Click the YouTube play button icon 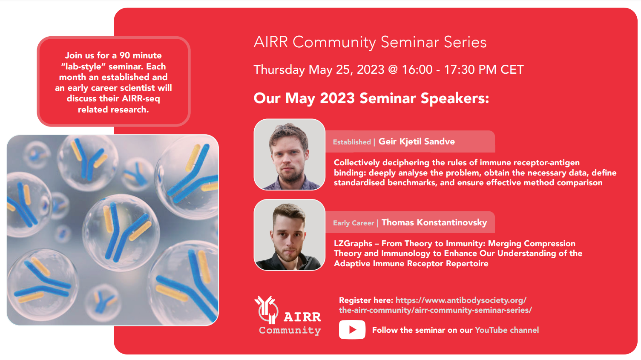(x=352, y=330)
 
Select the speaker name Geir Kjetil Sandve (x=417, y=141)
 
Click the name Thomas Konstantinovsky (x=434, y=222)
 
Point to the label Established (x=352, y=142)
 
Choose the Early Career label (x=354, y=223)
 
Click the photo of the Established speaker (x=289, y=155)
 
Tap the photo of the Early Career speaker (x=289, y=235)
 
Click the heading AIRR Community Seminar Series (x=370, y=42)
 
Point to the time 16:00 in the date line (x=417, y=69)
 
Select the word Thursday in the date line (x=279, y=70)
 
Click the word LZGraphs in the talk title (x=353, y=244)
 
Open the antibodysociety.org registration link (x=435, y=305)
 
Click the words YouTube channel (x=507, y=330)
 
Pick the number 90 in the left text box (x=124, y=55)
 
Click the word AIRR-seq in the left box (x=141, y=98)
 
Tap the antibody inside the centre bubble (x=124, y=232)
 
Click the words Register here (x=366, y=300)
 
